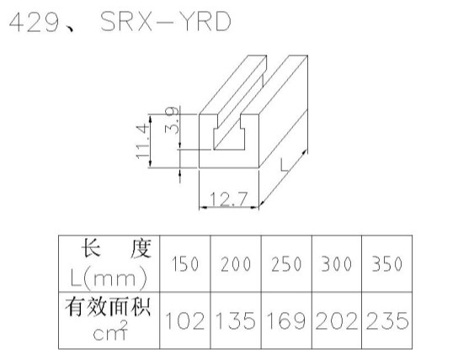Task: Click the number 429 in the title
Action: [x=35, y=23]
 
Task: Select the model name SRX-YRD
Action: [x=166, y=22]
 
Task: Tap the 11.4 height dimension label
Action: [x=143, y=141]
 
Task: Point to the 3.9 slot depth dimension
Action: [x=172, y=120]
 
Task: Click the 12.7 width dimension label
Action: [x=229, y=199]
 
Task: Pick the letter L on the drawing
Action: [x=284, y=165]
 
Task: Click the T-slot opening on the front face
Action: [x=229, y=133]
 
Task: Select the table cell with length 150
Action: [x=185, y=264]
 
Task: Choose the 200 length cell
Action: [x=236, y=264]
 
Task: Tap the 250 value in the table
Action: [x=286, y=264]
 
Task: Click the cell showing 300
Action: [x=337, y=264]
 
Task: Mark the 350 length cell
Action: [x=387, y=264]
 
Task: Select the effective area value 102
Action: [x=185, y=320]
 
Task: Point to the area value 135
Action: [x=236, y=320]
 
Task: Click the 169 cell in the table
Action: [x=286, y=320]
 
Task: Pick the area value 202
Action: [x=337, y=320]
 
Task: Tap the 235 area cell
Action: [x=387, y=320]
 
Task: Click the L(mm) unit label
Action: [x=109, y=278]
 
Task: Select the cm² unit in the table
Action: [x=110, y=331]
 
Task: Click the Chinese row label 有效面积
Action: [x=108, y=307]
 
